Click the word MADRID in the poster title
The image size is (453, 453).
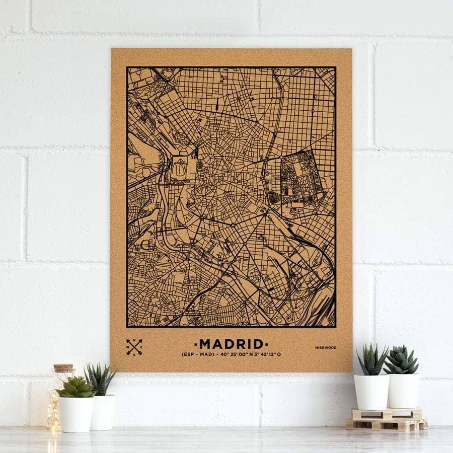click(232, 344)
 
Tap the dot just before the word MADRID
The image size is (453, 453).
click(196, 344)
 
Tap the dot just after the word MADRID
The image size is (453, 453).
click(267, 344)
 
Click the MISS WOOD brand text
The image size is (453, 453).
click(326, 347)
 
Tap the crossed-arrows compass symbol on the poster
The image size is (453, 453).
click(134, 347)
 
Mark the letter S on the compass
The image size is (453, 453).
click(134, 353)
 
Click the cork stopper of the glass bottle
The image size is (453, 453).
click(63, 368)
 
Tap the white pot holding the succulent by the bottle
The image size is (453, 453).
click(77, 414)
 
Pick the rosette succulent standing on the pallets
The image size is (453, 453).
click(401, 360)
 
